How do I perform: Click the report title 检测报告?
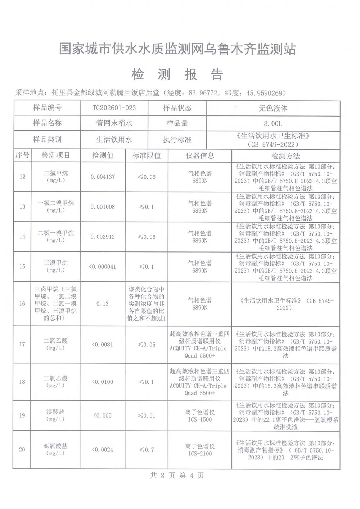(178, 75)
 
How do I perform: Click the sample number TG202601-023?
(114, 108)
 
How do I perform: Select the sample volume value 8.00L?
(273, 123)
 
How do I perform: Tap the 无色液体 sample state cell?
(273, 108)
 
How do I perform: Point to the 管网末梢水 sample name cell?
(114, 123)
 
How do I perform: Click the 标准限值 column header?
(147, 155)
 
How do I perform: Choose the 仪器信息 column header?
(200, 155)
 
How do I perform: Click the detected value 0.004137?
(103, 177)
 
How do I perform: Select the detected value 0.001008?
(103, 207)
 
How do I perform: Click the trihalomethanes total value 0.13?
(103, 304)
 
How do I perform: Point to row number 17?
(22, 345)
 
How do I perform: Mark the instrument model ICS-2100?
(200, 454)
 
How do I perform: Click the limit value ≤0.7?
(147, 450)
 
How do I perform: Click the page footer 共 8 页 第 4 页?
(177, 476)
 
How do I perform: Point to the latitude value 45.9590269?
(262, 93)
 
